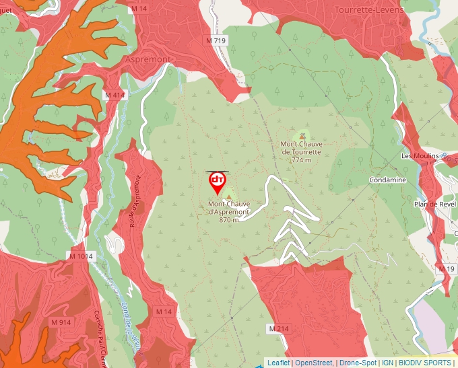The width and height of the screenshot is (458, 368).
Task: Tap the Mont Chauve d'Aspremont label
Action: tap(229, 211)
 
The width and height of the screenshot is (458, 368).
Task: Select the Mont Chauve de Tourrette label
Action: tap(301, 151)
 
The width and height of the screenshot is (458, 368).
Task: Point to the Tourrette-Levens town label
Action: tap(369, 10)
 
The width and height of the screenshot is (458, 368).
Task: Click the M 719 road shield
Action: tap(216, 41)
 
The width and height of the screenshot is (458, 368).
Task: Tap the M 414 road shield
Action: tap(115, 96)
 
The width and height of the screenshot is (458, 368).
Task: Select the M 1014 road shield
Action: tap(81, 256)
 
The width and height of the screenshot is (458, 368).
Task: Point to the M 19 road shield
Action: tap(446, 268)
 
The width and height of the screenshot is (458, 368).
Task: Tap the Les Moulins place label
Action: tap(420, 156)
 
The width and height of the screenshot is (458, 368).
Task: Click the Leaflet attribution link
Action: tap(278, 363)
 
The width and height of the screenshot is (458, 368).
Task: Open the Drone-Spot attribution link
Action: tap(358, 363)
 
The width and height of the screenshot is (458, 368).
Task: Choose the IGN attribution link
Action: tap(388, 363)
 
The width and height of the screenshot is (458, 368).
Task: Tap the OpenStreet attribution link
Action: tap(315, 363)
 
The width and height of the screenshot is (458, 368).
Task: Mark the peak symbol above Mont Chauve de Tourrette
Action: tap(301, 135)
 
